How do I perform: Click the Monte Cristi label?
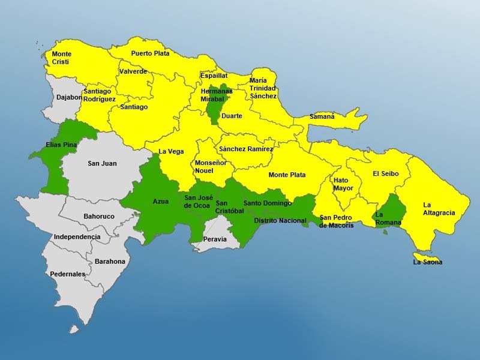62,58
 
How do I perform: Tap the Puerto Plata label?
150,53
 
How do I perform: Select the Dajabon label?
69,97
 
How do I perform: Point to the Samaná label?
322,116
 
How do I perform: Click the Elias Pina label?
61,145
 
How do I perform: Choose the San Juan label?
102,163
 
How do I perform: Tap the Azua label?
161,201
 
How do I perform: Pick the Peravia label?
215,239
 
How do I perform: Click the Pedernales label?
68,274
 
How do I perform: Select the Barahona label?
110,261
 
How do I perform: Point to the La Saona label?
428,262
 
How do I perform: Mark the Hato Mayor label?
341,184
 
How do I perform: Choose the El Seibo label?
385,173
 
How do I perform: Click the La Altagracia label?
439,208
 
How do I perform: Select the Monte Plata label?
287,175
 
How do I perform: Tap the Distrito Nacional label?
280,221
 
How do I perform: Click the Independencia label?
77,237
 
